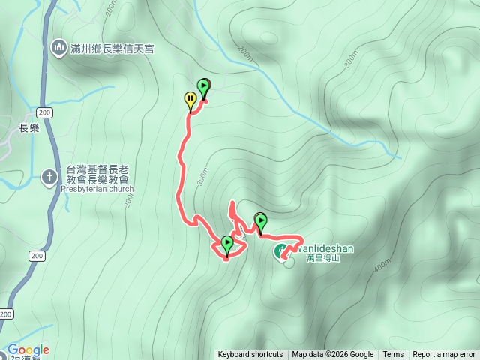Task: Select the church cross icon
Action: pyautogui.click(x=49, y=177)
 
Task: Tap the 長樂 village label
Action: pyautogui.click(x=28, y=128)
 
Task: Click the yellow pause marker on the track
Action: pyautogui.click(x=190, y=99)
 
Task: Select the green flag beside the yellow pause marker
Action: pyautogui.click(x=203, y=87)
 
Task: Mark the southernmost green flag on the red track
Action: pyautogui.click(x=227, y=244)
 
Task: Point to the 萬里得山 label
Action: pyautogui.click(x=323, y=258)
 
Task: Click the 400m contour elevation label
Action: pyautogui.click(x=380, y=265)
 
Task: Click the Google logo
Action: pyautogui.click(x=28, y=349)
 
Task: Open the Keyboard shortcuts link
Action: pyautogui.click(x=250, y=355)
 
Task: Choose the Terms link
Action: pyautogui.click(x=393, y=355)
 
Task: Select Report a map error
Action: pyautogui.click(x=444, y=355)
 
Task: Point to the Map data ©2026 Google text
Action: pyautogui.click(x=333, y=355)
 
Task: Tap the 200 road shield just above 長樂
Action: pyautogui.click(x=43, y=112)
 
